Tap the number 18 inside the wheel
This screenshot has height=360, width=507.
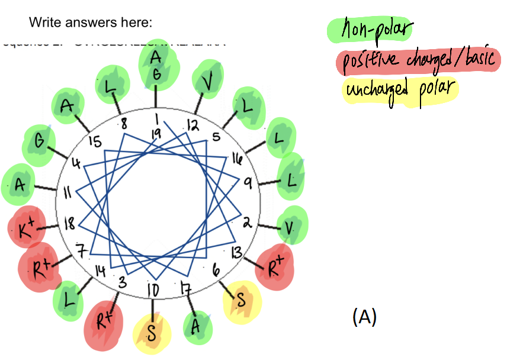[x=69, y=223]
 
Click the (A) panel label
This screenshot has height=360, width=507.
[x=364, y=317]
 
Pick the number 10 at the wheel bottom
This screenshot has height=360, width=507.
[x=153, y=291]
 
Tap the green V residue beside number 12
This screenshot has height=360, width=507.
[x=208, y=76]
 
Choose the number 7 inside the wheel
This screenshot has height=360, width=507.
[x=82, y=252]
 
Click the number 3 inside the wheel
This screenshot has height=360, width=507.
[x=123, y=282]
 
